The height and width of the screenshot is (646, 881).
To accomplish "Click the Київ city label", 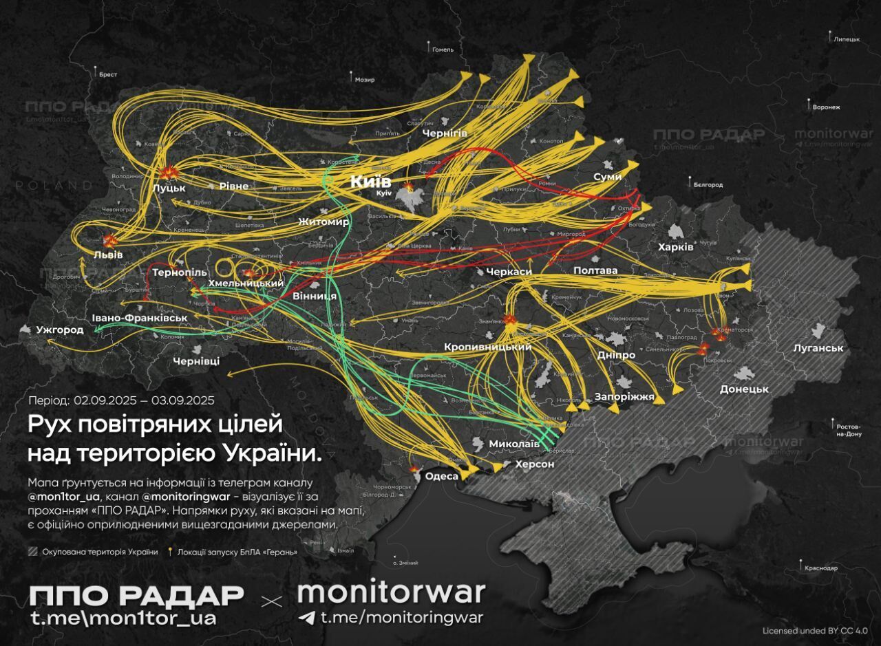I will [370, 182].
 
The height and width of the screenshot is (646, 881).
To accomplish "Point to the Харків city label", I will [676, 247].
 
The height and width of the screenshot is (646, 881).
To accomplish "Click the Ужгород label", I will [60, 330].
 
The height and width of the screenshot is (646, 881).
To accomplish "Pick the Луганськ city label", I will [818, 348].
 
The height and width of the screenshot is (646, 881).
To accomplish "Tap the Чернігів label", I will [445, 133].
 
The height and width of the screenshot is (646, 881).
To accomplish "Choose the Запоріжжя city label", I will [625, 397].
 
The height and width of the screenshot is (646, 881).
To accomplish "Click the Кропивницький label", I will [487, 347].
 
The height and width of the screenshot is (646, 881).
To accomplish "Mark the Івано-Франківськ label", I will [140, 318].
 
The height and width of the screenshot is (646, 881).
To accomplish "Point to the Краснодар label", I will [820, 568].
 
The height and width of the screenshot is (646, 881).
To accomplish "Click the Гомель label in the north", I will [443, 50].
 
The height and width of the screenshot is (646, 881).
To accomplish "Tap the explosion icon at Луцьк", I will [167, 173].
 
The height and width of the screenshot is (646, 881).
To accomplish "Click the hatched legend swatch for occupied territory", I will [33, 552].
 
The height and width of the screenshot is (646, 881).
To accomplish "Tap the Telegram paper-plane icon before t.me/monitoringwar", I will [307, 617].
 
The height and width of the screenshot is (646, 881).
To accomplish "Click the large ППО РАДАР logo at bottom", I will [136, 596].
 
